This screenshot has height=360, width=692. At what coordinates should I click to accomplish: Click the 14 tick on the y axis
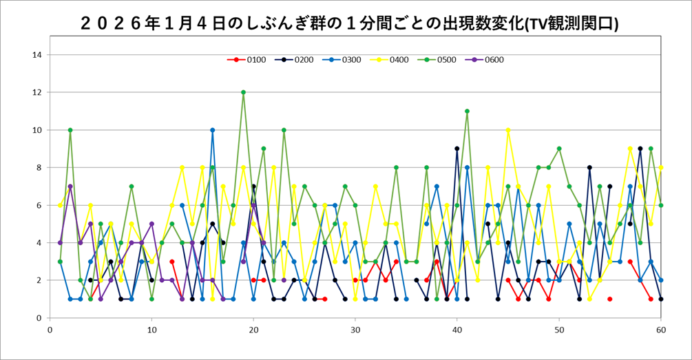pyautogui.click(x=37, y=55)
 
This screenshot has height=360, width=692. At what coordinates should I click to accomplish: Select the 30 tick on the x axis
pyautogui.click(x=355, y=329)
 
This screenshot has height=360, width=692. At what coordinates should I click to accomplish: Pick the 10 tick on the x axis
pyautogui.click(x=151, y=329)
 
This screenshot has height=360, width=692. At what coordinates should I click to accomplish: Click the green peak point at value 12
pyautogui.click(x=243, y=92)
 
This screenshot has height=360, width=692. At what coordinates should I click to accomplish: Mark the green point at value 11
pyautogui.click(x=467, y=111)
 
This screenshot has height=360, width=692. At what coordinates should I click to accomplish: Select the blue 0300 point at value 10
pyautogui.click(x=213, y=130)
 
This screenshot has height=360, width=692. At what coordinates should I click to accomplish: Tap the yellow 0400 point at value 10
pyautogui.click(x=507, y=130)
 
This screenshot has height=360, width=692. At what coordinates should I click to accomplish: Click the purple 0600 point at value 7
pyautogui.click(x=70, y=187)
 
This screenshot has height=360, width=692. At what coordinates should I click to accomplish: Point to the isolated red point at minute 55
pyautogui.click(x=609, y=299)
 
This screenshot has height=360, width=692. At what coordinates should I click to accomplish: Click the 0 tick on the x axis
pyautogui.click(x=50, y=329)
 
